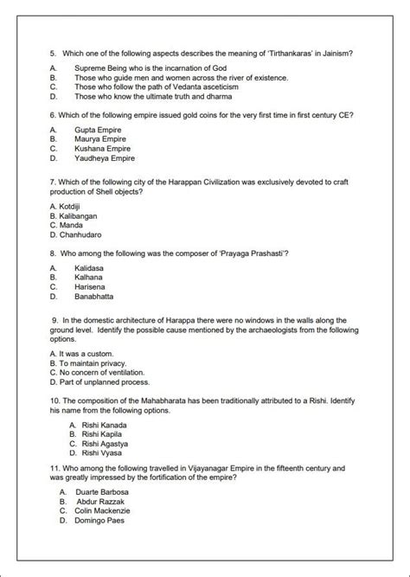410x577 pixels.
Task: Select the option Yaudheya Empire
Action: [x=105, y=158]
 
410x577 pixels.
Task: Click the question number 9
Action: [x=55, y=319]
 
